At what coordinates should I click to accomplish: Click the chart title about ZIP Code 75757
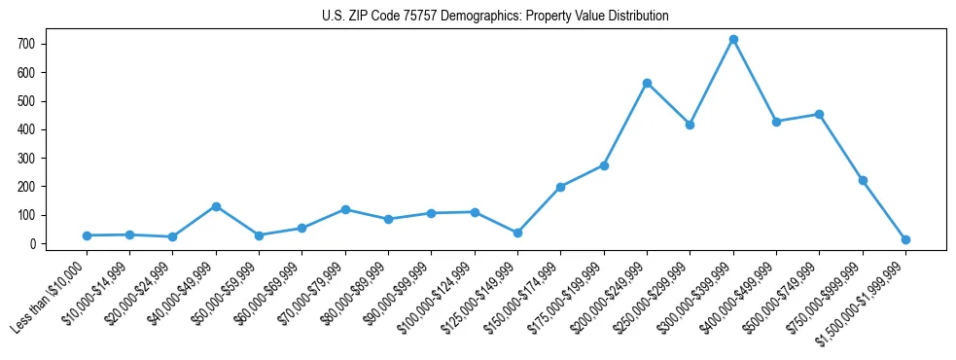pyautogui.click(x=495, y=17)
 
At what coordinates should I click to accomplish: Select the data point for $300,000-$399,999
pyautogui.click(x=733, y=40)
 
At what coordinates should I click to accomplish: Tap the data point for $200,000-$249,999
pyautogui.click(x=647, y=83)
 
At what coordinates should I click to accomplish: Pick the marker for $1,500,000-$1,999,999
pyautogui.click(x=905, y=239)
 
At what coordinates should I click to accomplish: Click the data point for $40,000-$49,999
pyautogui.click(x=216, y=206)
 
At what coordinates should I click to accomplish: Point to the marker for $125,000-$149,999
pyautogui.click(x=517, y=233)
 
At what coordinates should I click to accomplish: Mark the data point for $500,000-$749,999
pyautogui.click(x=819, y=114)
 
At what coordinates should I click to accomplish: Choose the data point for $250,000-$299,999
pyautogui.click(x=690, y=125)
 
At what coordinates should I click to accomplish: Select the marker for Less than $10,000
pyautogui.click(x=87, y=235)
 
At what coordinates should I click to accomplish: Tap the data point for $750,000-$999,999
pyautogui.click(x=863, y=180)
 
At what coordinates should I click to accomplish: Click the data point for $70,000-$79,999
pyautogui.click(x=345, y=209)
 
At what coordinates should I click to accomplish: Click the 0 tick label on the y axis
pyautogui.click(x=32, y=244)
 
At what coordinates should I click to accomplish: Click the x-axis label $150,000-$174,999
pyautogui.click(x=522, y=297)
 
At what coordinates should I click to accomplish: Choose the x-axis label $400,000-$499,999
pyautogui.click(x=738, y=297)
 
